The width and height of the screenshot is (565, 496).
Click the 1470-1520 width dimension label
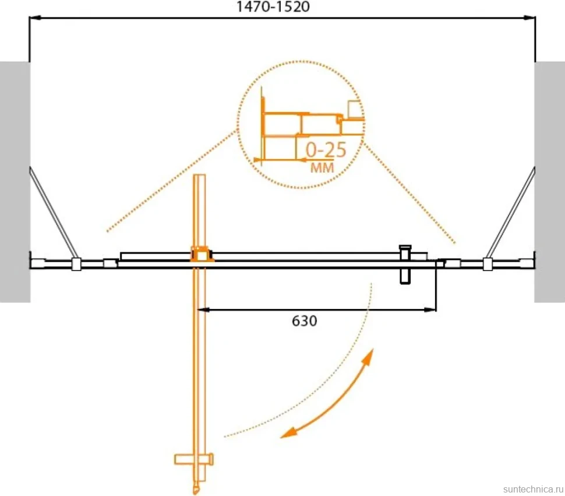273,7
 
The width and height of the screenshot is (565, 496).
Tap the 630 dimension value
305,321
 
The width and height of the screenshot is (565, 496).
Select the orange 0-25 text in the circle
326,150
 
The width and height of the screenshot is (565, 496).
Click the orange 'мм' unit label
322,168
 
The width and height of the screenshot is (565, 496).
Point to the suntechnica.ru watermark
534,490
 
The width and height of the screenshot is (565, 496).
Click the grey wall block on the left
15,182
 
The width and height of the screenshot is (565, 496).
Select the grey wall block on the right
549,182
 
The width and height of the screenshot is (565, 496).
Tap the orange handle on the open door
194,459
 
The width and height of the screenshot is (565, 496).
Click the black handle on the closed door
405,264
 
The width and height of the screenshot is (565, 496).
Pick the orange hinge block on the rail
201,254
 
